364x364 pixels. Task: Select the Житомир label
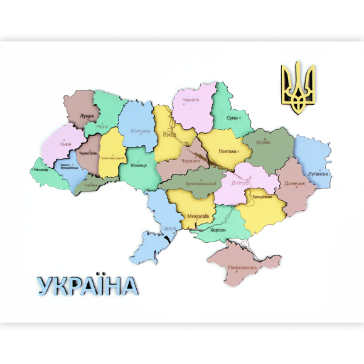(x=141, y=131)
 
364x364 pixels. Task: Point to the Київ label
(x=169, y=134)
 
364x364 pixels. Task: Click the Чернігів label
(x=191, y=100)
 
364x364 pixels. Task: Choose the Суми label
(x=232, y=117)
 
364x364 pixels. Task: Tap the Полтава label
(x=227, y=151)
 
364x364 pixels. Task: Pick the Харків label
(x=264, y=142)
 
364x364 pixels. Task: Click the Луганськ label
(x=318, y=173)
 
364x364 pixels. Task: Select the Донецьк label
(x=294, y=183)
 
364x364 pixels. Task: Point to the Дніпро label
(x=240, y=183)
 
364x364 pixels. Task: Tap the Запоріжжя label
(x=262, y=196)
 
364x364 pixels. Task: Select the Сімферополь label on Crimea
(x=242, y=268)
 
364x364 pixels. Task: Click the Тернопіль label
(x=88, y=153)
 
